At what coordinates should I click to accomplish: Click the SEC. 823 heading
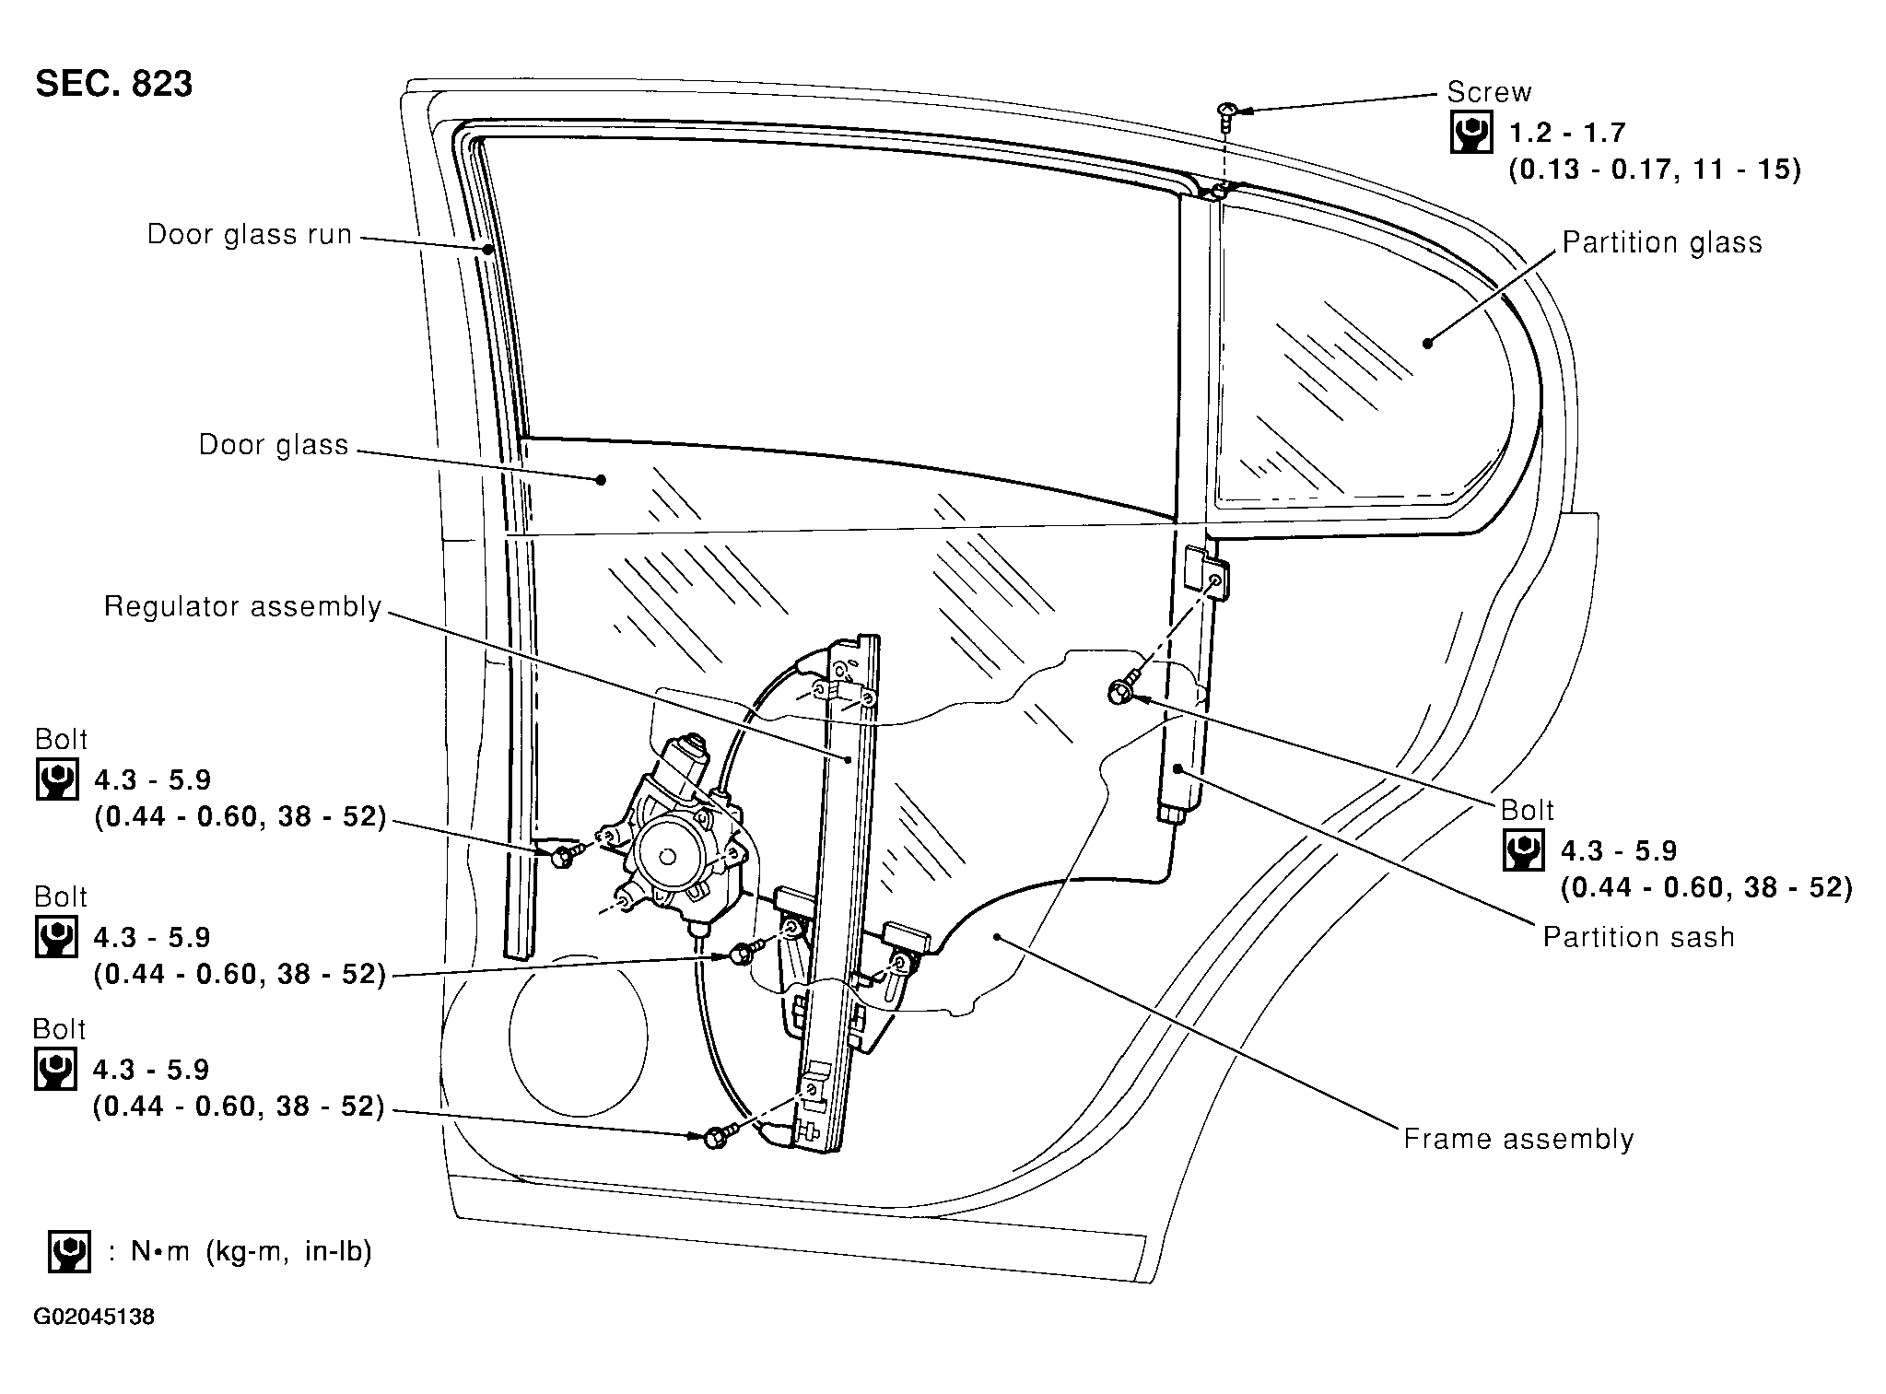coord(114,84)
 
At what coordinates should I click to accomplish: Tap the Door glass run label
coord(250,234)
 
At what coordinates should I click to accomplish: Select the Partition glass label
coord(1662,242)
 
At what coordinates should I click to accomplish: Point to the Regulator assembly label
coord(242,607)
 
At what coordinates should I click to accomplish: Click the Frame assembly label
coord(1518,1140)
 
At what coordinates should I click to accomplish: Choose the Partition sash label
coord(1639,937)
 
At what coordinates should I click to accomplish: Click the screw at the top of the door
coord(1226,113)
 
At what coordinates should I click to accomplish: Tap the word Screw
coord(1489,92)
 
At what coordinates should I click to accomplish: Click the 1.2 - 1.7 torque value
coord(1566,134)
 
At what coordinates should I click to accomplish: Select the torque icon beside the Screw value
coord(1471,134)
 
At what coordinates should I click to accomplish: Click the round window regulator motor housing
coord(671,853)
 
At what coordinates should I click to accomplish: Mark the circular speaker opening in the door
coord(578,1035)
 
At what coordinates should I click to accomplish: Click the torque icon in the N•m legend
coord(69,1251)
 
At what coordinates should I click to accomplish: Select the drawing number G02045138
coord(94,1318)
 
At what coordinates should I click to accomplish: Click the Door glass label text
coord(274,445)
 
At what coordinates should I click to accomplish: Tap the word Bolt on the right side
coord(1527,810)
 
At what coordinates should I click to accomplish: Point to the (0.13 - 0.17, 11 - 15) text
coord(1654,170)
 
